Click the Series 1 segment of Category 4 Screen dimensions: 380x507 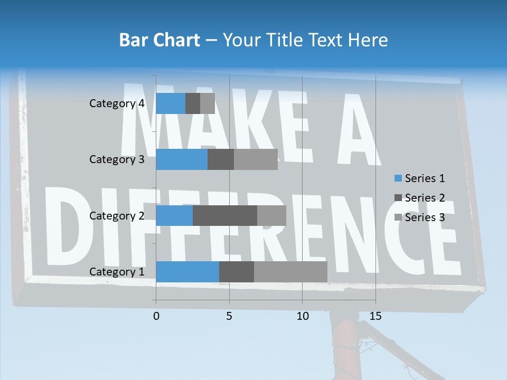pos(171,103)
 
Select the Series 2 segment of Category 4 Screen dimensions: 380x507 pos(193,103)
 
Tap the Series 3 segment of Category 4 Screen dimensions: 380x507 pos(208,103)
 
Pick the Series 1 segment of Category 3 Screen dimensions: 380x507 pos(182,159)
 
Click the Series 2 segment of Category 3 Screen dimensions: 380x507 pos(221,159)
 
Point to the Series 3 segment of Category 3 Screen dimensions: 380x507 pos(256,159)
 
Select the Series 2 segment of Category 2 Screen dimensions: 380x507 pos(225,215)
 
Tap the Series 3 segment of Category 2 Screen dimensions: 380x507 pos(271,215)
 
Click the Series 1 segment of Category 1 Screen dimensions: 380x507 pos(187,271)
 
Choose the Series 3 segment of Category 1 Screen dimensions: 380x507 pos(290,271)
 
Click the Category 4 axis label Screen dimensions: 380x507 pos(117,103)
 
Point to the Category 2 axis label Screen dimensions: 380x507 pos(117,215)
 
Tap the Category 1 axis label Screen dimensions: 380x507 pos(117,271)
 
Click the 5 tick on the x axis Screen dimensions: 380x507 pos(229,316)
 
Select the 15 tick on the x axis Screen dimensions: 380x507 pos(375,316)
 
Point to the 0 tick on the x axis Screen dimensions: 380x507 pos(156,316)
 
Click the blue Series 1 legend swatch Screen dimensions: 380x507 pos(398,178)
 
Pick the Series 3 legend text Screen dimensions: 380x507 pos(425,217)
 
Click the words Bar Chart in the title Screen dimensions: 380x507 pos(159,40)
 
